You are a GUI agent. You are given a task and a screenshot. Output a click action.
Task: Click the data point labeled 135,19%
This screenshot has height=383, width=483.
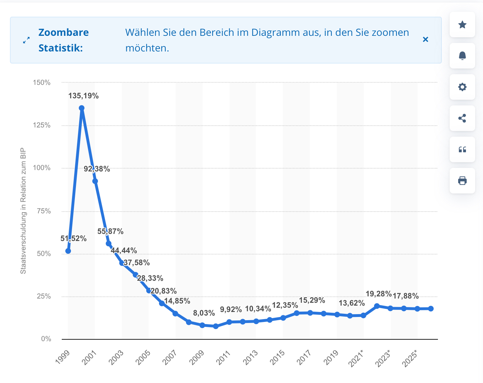pos(82,108)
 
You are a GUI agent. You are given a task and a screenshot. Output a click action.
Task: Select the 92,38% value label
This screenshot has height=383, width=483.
pos(97,169)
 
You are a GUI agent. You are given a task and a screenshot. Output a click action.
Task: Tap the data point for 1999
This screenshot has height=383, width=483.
pos(68,251)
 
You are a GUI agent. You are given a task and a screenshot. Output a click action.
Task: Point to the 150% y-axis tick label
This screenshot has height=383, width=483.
pos(42,83)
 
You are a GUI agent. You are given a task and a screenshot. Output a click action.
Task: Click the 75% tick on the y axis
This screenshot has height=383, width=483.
pos(44,211)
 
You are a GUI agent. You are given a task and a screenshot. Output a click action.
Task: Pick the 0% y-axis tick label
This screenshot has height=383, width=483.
pos(46,339)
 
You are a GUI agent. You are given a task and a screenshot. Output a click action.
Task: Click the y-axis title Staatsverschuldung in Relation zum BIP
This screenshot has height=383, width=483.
pos(23,211)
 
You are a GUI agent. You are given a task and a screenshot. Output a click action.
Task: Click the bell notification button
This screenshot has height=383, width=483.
pos(462,56)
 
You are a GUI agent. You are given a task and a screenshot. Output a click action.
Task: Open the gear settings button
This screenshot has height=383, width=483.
pos(462,87)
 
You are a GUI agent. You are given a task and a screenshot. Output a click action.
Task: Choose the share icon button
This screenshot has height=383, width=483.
pos(462,118)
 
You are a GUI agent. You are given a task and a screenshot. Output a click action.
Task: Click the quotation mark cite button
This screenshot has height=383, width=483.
pos(462,149)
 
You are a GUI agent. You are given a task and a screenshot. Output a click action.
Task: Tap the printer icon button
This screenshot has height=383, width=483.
pos(462,181)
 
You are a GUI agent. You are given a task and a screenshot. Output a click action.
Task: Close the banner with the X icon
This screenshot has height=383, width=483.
pos(426,39)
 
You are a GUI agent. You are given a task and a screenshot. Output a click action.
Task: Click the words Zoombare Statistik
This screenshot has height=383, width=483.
pos(64,40)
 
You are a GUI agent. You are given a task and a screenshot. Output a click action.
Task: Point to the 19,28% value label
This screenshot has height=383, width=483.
pos(379,294)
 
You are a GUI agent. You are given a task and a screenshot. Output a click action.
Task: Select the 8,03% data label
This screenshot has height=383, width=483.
pos(204,313)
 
